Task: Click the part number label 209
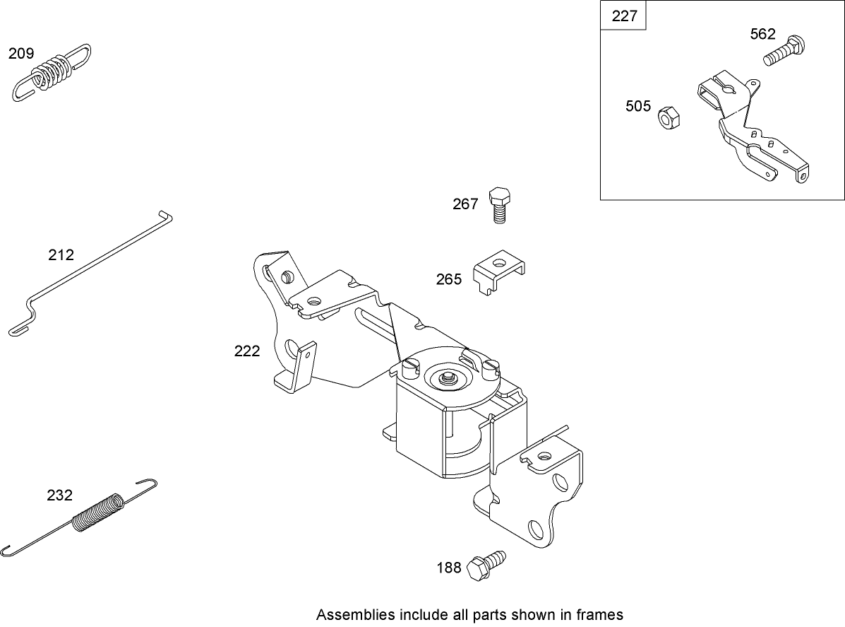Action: pos(21,53)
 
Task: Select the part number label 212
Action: pos(61,255)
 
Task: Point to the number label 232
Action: pos(59,496)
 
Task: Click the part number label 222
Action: pos(247,351)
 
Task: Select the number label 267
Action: pos(465,204)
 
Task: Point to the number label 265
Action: pos(449,279)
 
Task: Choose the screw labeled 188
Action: pos(487,564)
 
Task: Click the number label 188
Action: pos(449,567)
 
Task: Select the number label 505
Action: pos(638,106)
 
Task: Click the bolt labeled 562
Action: pos(784,52)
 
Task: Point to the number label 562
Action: pos(763,34)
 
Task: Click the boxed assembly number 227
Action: pos(624,16)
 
